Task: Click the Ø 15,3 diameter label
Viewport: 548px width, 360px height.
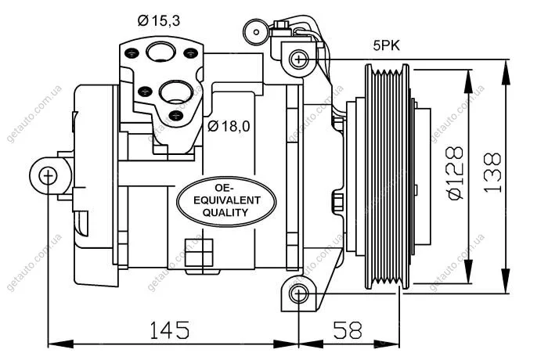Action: click(159, 21)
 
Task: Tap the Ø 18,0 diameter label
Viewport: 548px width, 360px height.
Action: click(229, 126)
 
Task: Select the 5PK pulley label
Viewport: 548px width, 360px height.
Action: click(387, 46)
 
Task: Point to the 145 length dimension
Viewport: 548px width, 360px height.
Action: click(170, 330)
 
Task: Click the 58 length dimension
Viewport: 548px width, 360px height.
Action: click(348, 330)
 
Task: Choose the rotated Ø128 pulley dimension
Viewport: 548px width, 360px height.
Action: click(456, 173)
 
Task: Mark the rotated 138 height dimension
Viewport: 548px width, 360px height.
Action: click(492, 173)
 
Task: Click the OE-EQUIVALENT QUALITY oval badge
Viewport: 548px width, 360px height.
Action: click(226, 202)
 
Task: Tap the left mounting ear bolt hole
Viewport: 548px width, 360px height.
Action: click(48, 176)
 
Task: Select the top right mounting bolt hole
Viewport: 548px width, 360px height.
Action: click(299, 59)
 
